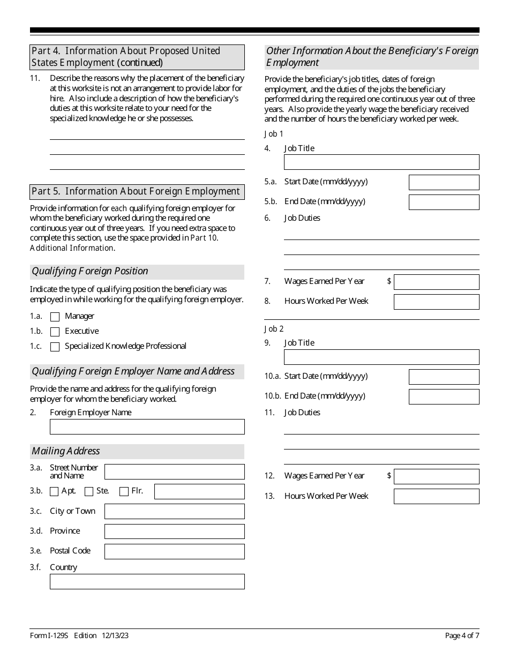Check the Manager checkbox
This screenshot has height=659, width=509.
click(x=55, y=317)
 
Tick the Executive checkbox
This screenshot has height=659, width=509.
click(x=55, y=332)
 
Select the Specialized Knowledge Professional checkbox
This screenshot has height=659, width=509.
click(x=55, y=347)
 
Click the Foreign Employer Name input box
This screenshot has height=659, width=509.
click(x=147, y=426)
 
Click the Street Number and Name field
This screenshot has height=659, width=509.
click(x=174, y=471)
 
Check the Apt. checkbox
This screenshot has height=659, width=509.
click(x=54, y=491)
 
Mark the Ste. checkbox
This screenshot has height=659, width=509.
click(x=89, y=491)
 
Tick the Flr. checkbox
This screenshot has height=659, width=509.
click(x=124, y=491)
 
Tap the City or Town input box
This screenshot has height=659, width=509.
click(x=174, y=511)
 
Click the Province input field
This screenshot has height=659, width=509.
click(x=174, y=531)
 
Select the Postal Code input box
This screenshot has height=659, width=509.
click(x=174, y=551)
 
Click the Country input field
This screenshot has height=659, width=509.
click(x=147, y=581)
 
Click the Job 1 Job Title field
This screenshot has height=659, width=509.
click(x=381, y=162)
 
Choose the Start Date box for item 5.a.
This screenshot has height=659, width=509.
click(x=444, y=182)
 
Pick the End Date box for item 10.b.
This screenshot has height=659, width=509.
click(x=444, y=396)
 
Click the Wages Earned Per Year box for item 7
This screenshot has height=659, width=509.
click(x=436, y=282)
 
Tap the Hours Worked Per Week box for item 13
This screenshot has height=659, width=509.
click(x=436, y=496)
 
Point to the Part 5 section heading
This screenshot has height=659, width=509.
click(x=136, y=191)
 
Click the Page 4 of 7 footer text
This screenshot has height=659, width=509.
click(x=462, y=636)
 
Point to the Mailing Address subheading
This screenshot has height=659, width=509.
click(x=66, y=451)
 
